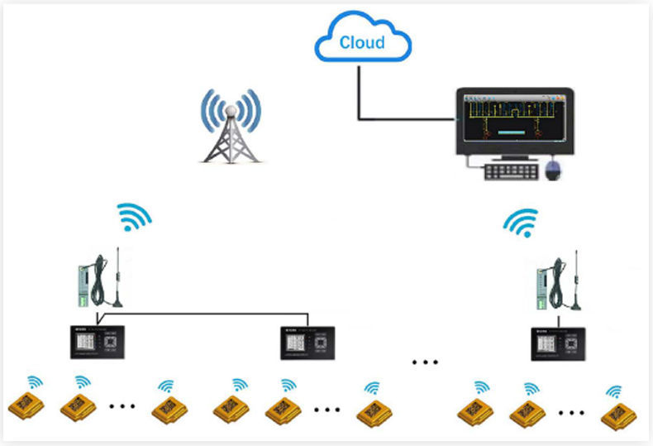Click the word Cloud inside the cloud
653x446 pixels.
(361, 41)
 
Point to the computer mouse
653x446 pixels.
(555, 171)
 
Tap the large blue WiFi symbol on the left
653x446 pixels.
(134, 216)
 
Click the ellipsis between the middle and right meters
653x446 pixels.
(425, 362)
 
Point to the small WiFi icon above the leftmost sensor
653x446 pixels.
(35, 381)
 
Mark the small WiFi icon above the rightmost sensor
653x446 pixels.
(614, 391)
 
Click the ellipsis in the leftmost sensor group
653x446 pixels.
(122, 406)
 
